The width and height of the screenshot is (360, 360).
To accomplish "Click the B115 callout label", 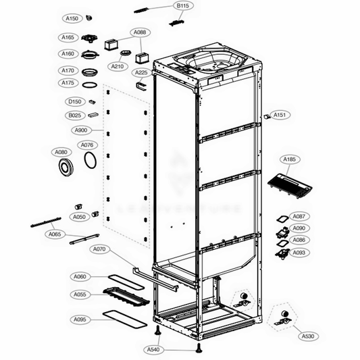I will [182, 5].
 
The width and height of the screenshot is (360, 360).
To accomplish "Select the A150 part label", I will [72, 18].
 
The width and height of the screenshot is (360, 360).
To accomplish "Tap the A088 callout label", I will [141, 32].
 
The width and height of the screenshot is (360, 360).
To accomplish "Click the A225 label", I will [141, 72].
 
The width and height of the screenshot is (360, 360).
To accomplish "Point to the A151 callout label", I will [281, 115].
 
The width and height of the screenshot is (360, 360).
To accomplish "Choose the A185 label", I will [290, 160].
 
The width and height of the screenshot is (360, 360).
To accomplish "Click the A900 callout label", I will [80, 130].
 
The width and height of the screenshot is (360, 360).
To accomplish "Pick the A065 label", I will [55, 234].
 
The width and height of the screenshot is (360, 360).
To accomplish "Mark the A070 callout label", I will [99, 249].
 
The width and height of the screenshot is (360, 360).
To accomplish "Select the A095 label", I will [80, 319].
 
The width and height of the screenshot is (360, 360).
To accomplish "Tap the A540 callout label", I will [155, 349].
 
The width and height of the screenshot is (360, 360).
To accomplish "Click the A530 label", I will [308, 336].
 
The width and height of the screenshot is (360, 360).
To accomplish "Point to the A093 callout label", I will [299, 253].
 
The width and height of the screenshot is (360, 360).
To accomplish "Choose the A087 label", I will [299, 216].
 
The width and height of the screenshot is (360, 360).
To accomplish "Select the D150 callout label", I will [75, 101].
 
